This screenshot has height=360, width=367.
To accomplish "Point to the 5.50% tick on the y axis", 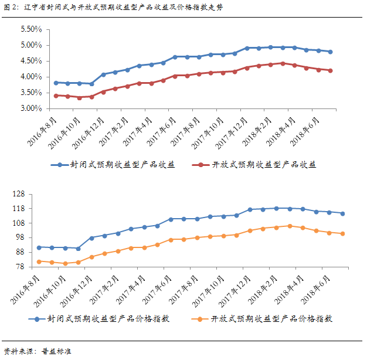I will click(30, 29).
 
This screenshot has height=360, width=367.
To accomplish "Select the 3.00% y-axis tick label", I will click(30, 108).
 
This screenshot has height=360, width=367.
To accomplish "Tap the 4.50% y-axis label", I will click(30, 61).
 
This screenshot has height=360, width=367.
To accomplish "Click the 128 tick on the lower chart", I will click(34, 194).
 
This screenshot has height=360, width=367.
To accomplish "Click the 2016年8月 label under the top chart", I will click(43, 127).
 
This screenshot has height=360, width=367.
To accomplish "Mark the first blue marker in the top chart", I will click(56, 83).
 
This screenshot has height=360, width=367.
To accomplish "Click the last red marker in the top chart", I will click(331, 70).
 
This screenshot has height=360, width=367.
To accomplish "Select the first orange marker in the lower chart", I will click(39, 261).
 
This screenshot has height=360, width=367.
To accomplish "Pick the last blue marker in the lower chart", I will click(342, 213).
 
